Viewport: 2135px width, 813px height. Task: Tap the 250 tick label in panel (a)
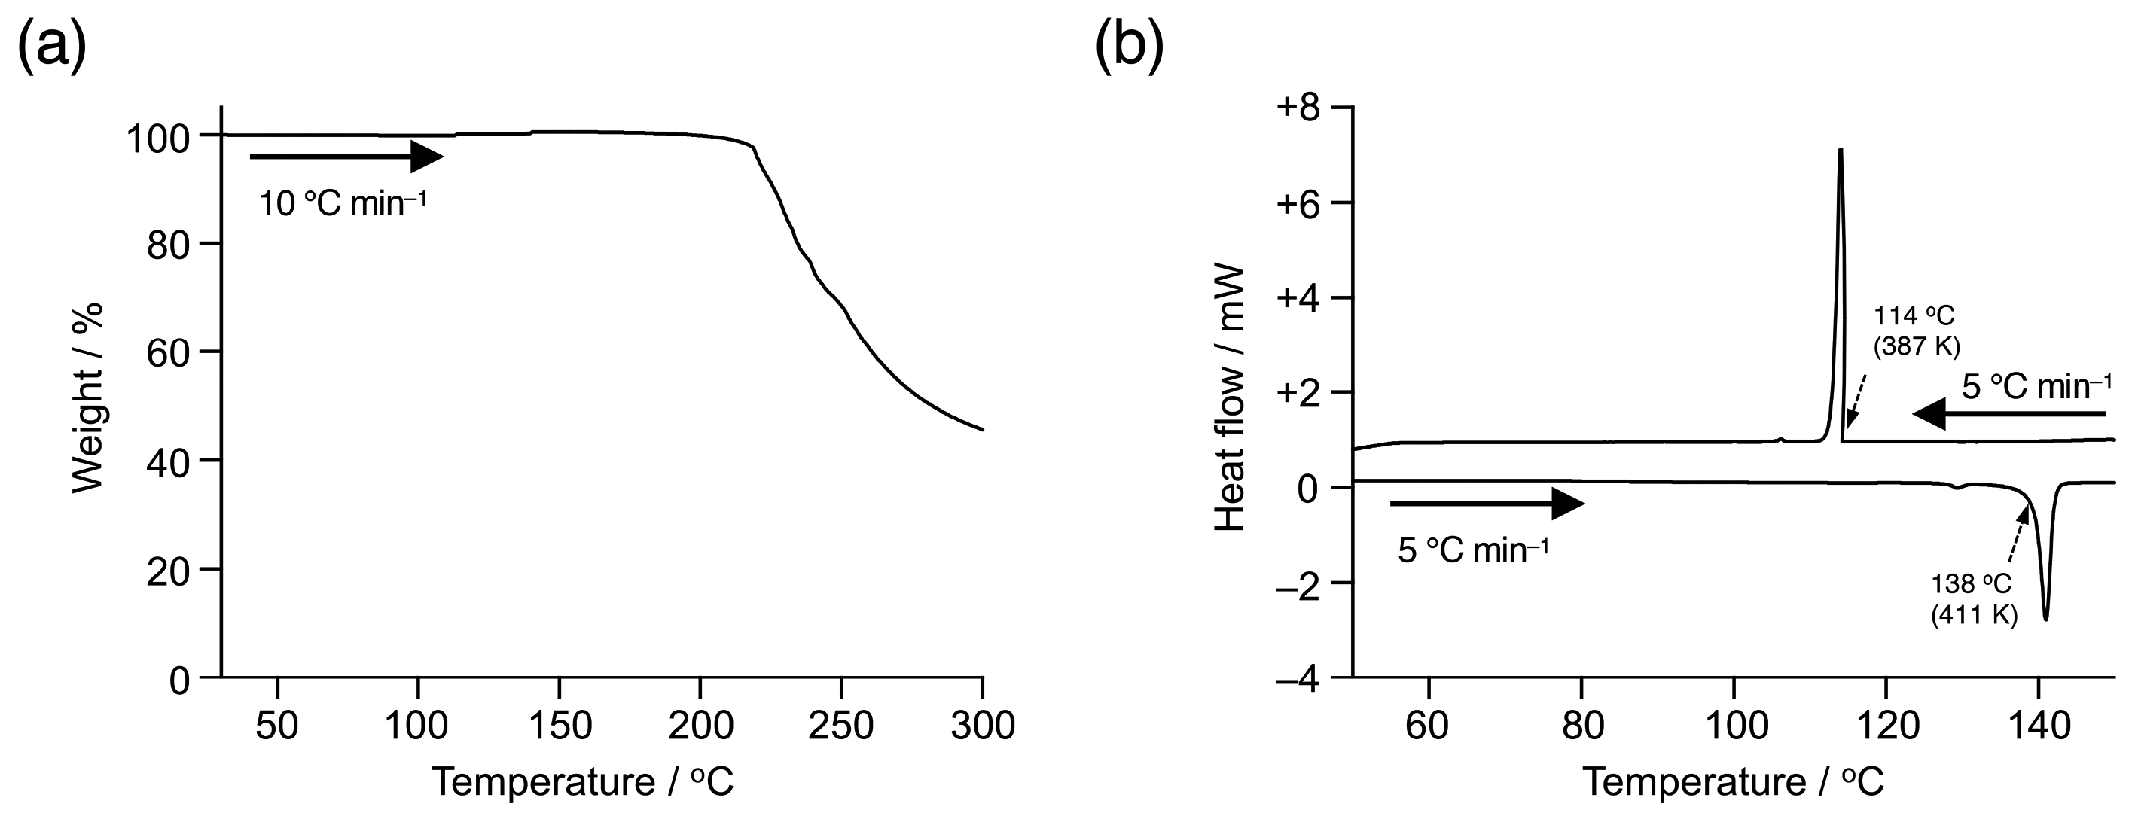(x=840, y=726)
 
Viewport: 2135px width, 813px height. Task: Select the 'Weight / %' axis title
(x=87, y=397)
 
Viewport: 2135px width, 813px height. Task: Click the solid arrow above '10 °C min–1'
(x=346, y=156)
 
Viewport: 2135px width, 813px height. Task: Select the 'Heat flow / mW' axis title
(x=1230, y=397)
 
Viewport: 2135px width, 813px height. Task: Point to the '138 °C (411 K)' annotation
(x=1973, y=598)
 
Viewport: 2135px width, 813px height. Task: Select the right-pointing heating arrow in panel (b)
(x=1487, y=503)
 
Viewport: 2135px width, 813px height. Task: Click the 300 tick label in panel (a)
(x=982, y=726)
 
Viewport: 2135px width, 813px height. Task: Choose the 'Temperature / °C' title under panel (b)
(x=1733, y=781)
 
